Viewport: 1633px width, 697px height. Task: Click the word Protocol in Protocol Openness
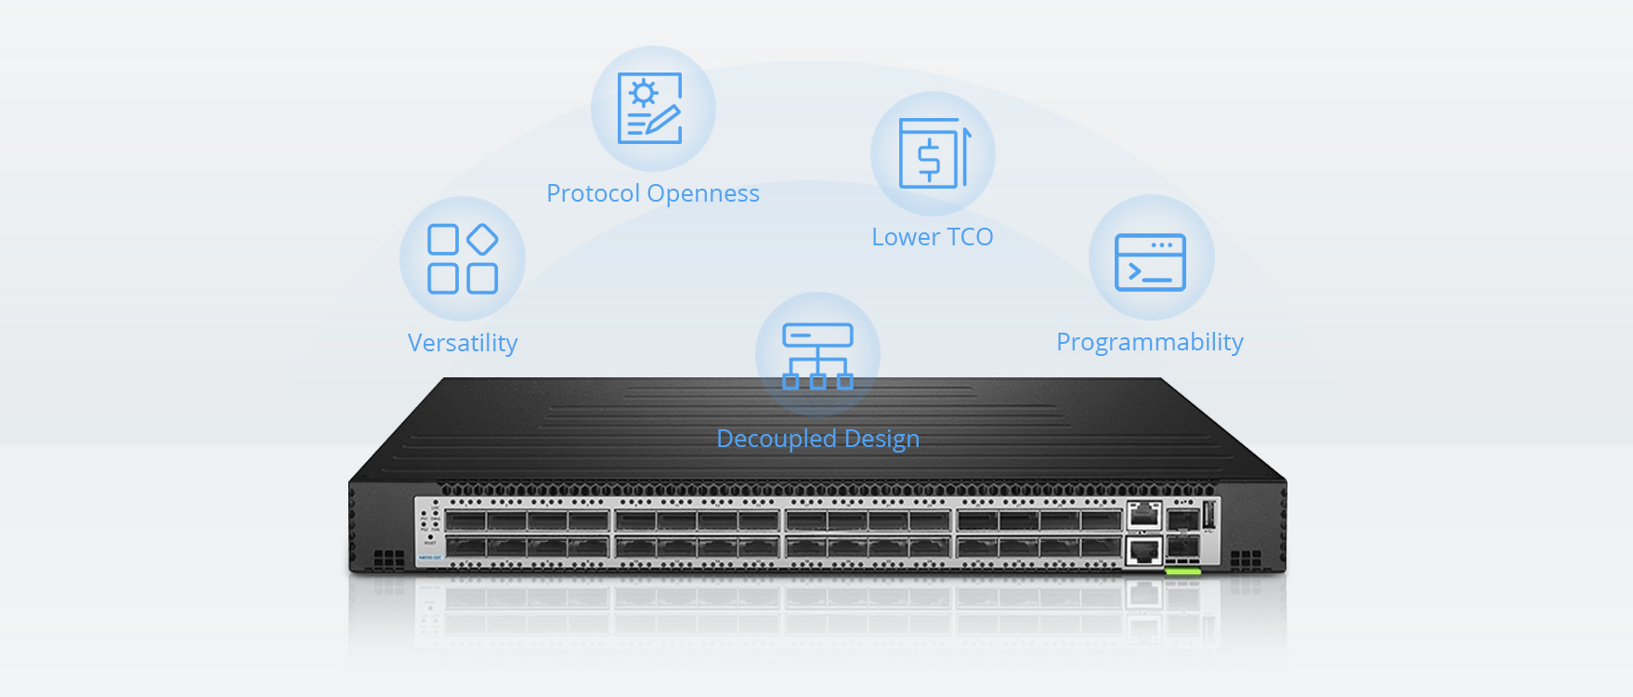click(593, 193)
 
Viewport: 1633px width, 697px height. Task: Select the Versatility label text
click(462, 343)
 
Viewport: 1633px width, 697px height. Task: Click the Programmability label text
click(1149, 342)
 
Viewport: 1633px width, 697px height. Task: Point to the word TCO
click(970, 237)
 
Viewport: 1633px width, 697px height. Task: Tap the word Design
click(882, 439)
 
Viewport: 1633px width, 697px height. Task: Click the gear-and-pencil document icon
click(650, 109)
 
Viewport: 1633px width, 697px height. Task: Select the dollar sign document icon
click(933, 153)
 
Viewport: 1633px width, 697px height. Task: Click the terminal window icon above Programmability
click(1150, 262)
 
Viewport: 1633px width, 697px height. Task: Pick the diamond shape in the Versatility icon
click(482, 240)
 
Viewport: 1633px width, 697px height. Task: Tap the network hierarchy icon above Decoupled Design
click(817, 356)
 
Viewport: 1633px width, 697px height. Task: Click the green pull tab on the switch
click(1182, 571)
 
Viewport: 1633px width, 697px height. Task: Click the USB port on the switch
click(1208, 514)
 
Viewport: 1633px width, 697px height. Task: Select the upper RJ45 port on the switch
click(1143, 515)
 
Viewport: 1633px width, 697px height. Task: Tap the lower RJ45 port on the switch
click(1143, 550)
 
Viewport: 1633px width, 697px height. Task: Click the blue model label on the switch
click(430, 558)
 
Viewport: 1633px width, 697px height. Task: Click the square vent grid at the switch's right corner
click(1245, 559)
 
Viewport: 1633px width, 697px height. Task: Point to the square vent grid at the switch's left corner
click(388, 559)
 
